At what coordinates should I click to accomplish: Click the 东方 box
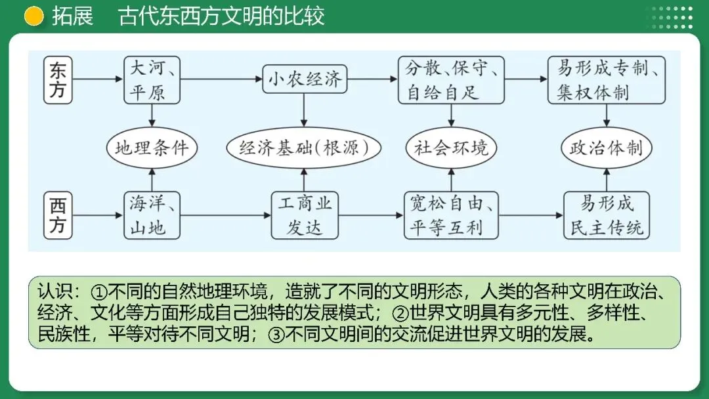[x=58, y=80]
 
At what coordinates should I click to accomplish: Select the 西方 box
[x=58, y=215]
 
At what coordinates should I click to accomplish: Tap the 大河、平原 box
[x=152, y=80]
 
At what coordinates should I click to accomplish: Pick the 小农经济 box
[x=304, y=80]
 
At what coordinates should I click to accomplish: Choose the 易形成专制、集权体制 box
[x=607, y=80]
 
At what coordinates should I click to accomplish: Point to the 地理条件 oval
[x=152, y=148]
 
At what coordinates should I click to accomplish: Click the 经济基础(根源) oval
[x=305, y=148]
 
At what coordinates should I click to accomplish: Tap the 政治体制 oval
[x=606, y=148]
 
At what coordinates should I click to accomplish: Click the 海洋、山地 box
[x=152, y=215]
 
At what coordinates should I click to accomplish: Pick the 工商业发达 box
[x=305, y=215]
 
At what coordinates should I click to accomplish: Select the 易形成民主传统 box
[x=607, y=215]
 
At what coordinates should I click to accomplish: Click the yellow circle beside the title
[x=34, y=16]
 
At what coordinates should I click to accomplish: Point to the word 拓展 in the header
[x=72, y=16]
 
